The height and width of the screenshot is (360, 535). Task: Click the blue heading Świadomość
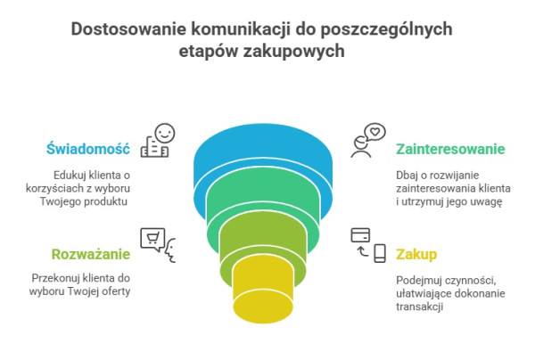[88, 150]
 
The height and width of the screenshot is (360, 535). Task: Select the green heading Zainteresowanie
[450, 150]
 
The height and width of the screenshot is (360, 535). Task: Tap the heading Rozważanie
[91, 254]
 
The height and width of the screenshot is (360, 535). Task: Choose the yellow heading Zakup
[416, 255]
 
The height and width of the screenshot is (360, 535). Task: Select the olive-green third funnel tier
[263, 235]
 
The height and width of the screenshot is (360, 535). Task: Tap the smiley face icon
[165, 134]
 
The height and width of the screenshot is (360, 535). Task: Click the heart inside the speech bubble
[375, 132]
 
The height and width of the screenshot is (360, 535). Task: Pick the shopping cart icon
[152, 237]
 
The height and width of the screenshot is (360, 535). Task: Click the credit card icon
[360, 235]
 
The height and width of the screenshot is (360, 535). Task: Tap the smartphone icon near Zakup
[380, 253]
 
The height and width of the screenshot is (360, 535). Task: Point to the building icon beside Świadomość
[154, 147]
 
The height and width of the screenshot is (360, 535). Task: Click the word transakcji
[419, 307]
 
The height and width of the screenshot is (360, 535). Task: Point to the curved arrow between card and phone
[362, 251]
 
